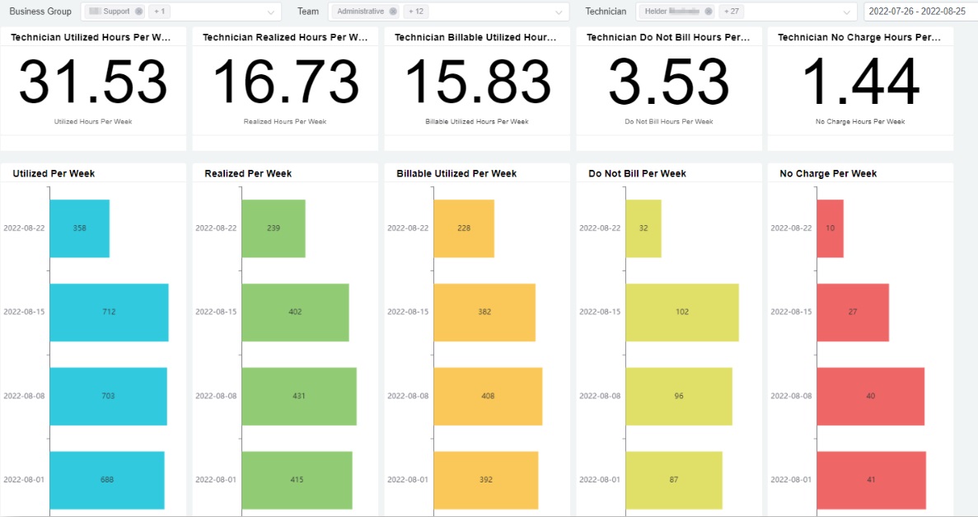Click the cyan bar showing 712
(109, 313)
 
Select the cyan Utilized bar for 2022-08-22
(79, 228)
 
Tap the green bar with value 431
(298, 397)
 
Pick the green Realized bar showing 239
(274, 228)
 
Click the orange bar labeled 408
(488, 397)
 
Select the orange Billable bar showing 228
(464, 228)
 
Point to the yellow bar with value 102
(681, 313)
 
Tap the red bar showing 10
(830, 228)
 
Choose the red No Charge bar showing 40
(870, 397)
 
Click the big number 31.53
(93, 82)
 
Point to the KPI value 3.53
(668, 82)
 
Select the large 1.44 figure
(860, 82)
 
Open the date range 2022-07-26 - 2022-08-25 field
(916, 12)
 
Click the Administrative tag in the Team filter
(360, 12)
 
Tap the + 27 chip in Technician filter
(732, 12)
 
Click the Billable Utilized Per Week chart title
(456, 173)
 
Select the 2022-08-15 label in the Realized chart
(216, 312)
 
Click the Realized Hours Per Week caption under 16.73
(285, 122)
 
